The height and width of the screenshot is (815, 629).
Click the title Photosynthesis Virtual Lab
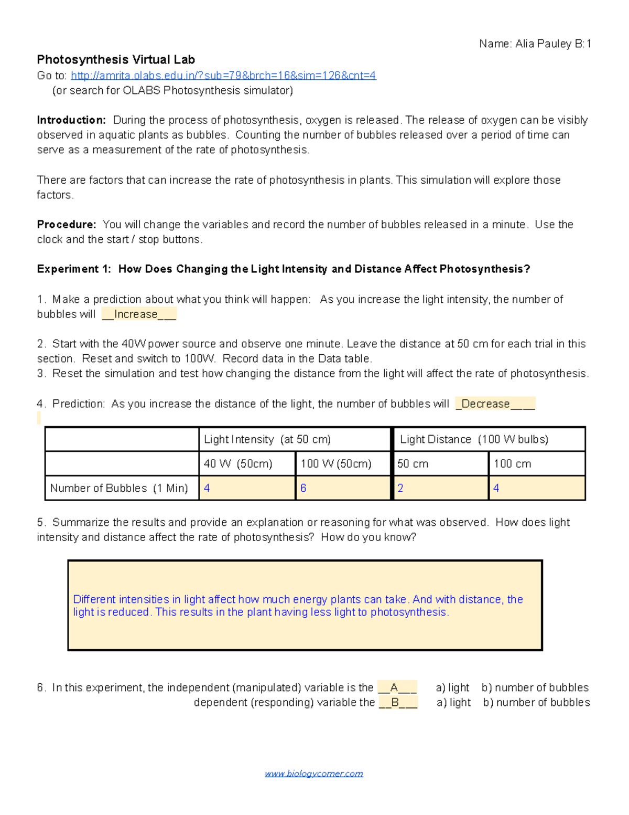point(116,60)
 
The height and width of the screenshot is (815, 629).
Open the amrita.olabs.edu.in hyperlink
point(223,76)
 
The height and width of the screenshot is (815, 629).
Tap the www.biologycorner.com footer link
point(313,774)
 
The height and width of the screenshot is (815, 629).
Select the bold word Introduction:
point(71,120)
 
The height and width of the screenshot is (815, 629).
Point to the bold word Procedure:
point(67,225)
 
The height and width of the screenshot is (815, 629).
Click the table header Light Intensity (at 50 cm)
point(267,439)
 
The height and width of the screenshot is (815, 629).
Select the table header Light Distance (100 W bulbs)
point(474,439)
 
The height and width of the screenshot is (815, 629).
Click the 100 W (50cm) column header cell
point(336,464)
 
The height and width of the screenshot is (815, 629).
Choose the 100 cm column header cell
point(512,464)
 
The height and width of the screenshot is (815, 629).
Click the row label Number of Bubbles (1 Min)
point(119,488)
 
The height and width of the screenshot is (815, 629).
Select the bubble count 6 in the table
point(303,488)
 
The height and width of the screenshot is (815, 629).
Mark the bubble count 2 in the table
point(400,488)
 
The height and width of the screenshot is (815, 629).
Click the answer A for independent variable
point(395,687)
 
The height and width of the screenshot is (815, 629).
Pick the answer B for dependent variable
point(396,702)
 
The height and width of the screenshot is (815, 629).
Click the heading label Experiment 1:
point(74,269)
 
